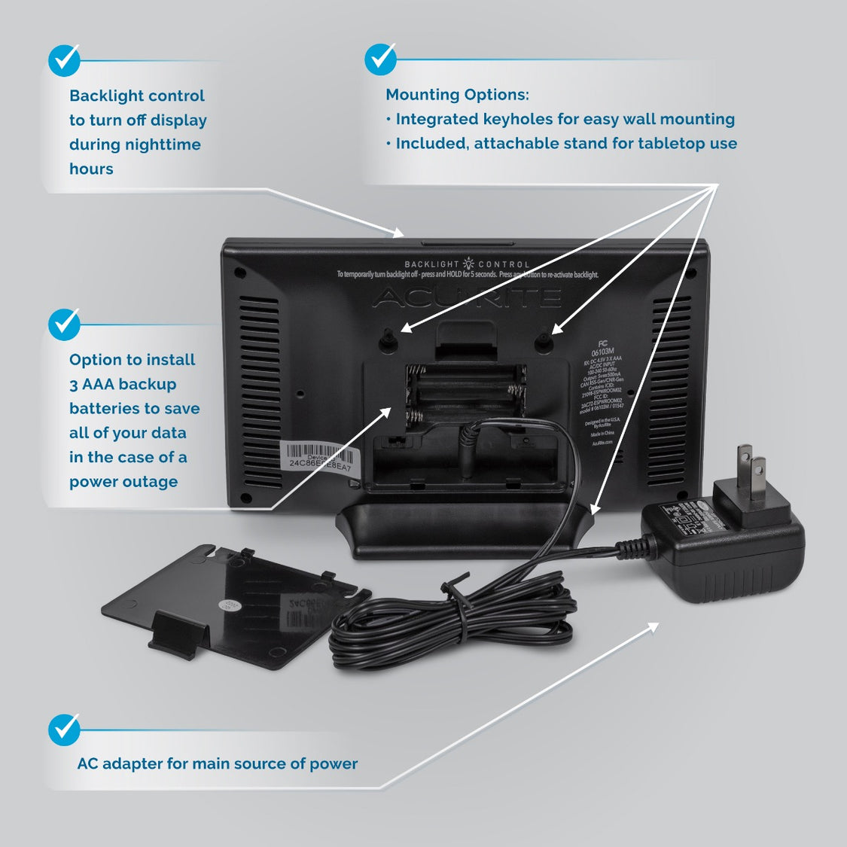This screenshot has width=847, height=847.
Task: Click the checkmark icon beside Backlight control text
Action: pyautogui.click(x=64, y=60)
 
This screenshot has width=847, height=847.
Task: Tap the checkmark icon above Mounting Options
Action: pyautogui.click(x=380, y=59)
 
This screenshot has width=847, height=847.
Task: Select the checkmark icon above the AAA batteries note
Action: pyautogui.click(x=64, y=324)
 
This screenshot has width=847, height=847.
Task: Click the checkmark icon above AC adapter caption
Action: pyautogui.click(x=64, y=730)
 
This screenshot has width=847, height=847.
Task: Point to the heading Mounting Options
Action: pyautogui.click(x=457, y=95)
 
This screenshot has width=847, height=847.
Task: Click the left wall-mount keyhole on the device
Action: pyautogui.click(x=388, y=340)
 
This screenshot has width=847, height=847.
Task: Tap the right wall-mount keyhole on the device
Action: pyautogui.click(x=544, y=340)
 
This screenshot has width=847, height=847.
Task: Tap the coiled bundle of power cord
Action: pyautogui.click(x=452, y=617)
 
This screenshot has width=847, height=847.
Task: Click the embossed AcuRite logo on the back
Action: pyautogui.click(x=466, y=297)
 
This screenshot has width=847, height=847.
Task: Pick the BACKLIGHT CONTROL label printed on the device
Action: pyautogui.click(x=467, y=264)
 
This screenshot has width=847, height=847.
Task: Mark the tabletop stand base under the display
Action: pyautogui.click(x=463, y=531)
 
